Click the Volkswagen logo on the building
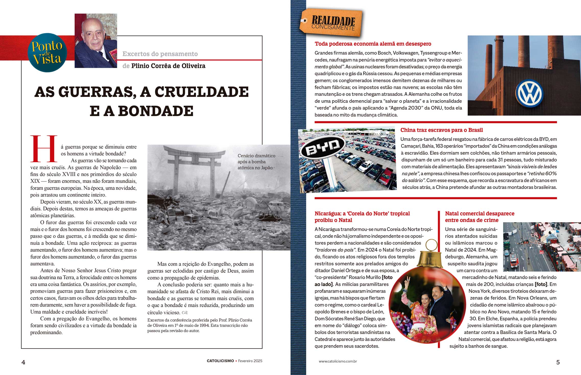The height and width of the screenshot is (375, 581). tap(529, 93)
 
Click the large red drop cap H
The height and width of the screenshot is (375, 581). tap(44, 149)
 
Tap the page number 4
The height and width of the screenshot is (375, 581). tap(23, 362)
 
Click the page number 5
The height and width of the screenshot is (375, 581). tap(558, 362)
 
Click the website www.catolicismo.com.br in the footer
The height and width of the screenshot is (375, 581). tap(338, 361)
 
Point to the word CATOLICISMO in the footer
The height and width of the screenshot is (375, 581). tap(220, 361)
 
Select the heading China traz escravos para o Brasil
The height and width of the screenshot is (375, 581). tap(441, 130)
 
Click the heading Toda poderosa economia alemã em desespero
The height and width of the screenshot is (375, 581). tap(373, 44)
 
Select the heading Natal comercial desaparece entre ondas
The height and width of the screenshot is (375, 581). tap(479, 217)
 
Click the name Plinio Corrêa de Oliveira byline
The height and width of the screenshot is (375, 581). tap(168, 66)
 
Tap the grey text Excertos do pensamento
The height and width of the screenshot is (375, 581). tap(160, 54)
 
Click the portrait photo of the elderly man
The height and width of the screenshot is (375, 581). tap(96, 41)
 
